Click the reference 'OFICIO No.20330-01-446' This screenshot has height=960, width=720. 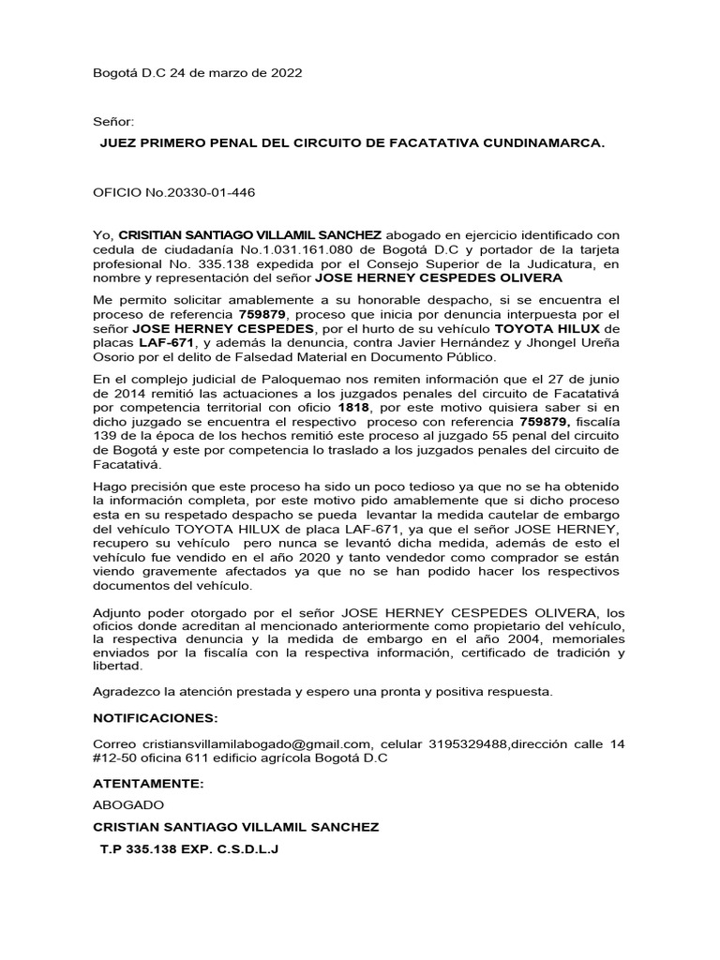(x=174, y=193)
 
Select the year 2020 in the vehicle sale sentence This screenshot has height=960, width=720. (x=279, y=558)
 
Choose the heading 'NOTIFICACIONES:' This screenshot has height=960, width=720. (x=156, y=718)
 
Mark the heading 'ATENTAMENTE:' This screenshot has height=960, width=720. (x=147, y=782)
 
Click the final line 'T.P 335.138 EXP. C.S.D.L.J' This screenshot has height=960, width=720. (x=189, y=848)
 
